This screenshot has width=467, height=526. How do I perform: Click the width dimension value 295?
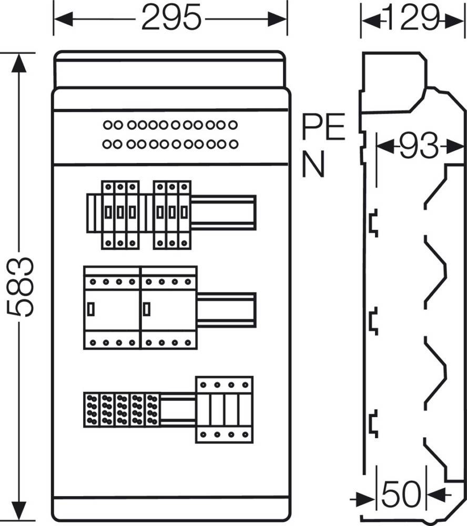click(171, 17)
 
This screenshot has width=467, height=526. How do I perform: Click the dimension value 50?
click(401, 494)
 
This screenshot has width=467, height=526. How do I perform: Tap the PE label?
click(323, 126)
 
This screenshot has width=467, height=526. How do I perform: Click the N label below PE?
click(313, 164)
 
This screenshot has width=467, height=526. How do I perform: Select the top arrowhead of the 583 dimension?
click(19, 63)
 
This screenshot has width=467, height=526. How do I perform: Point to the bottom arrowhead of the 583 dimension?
click(19, 511)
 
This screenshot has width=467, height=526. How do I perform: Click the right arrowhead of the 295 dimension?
click(277, 19)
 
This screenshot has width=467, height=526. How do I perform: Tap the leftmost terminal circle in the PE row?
click(107, 125)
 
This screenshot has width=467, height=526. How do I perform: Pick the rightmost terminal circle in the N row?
click(233, 144)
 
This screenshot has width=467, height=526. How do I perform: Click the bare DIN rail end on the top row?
click(224, 213)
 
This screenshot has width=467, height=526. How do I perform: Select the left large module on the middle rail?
click(111, 308)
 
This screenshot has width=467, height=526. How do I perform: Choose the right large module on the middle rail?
click(169, 308)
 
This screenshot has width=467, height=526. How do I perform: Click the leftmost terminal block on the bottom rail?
click(92, 410)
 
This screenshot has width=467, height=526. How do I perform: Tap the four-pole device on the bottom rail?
click(224, 410)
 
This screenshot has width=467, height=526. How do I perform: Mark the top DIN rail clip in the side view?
click(374, 222)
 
